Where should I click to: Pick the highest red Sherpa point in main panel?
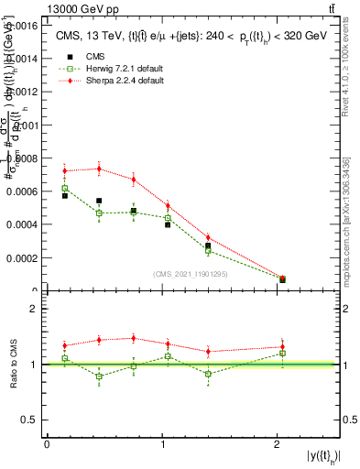coord(99,169)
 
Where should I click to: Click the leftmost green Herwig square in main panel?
coord(65,188)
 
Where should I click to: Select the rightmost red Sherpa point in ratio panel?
coord(282,346)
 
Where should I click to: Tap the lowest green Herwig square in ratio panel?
coord(99,376)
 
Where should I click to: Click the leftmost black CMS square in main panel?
coord(65,195)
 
